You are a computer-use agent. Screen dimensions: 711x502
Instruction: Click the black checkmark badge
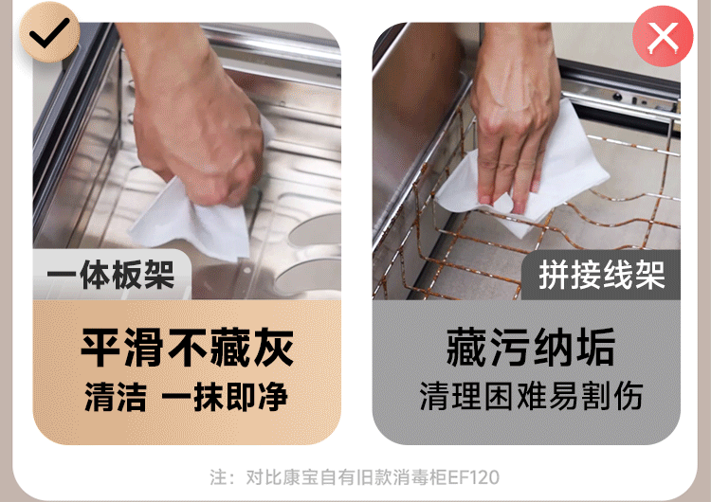click(x=49, y=31)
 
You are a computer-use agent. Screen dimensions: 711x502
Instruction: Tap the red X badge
click(x=663, y=36)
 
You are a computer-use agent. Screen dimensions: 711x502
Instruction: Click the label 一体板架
click(x=111, y=275)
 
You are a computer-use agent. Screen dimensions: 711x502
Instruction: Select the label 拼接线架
click(x=602, y=275)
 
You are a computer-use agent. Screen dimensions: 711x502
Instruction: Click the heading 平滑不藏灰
click(x=187, y=348)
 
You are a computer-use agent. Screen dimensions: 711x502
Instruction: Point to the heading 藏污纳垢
click(x=531, y=348)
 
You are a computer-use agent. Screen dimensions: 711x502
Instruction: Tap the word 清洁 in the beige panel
click(x=116, y=397)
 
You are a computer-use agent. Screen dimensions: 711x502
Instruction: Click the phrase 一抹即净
click(x=225, y=397)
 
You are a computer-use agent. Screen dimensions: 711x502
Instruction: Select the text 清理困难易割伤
click(x=531, y=396)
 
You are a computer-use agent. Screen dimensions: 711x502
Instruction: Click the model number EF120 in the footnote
click(x=474, y=477)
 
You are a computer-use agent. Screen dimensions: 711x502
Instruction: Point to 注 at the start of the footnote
click(x=218, y=477)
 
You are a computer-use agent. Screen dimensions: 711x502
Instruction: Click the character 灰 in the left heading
click(x=273, y=348)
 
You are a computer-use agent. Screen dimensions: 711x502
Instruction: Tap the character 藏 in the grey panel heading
click(x=466, y=348)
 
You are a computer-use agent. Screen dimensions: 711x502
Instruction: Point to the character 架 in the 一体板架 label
click(x=159, y=275)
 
